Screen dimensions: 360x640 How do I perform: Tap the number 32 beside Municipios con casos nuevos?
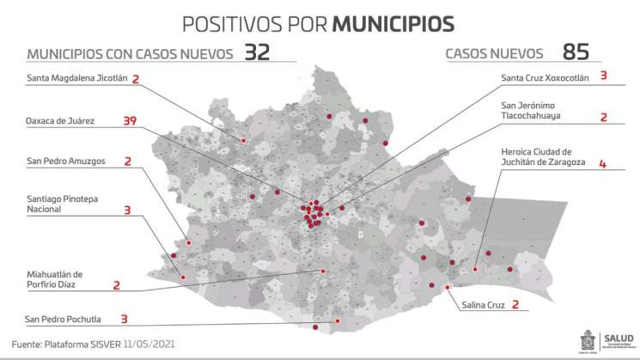coord(257,52)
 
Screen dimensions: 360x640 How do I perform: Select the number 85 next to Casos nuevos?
coord(576,52)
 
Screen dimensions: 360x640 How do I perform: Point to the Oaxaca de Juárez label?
coord(60,121)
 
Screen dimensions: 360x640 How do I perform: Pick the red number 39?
coord(130,121)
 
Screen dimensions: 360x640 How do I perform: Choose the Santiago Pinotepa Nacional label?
coord(62,204)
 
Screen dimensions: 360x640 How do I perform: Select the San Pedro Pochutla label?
coord(63,320)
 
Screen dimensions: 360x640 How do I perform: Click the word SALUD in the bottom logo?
coord(619,337)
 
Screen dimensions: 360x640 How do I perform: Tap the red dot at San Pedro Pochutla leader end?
coord(337,320)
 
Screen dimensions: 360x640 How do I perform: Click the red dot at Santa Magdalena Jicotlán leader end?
coord(244,140)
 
